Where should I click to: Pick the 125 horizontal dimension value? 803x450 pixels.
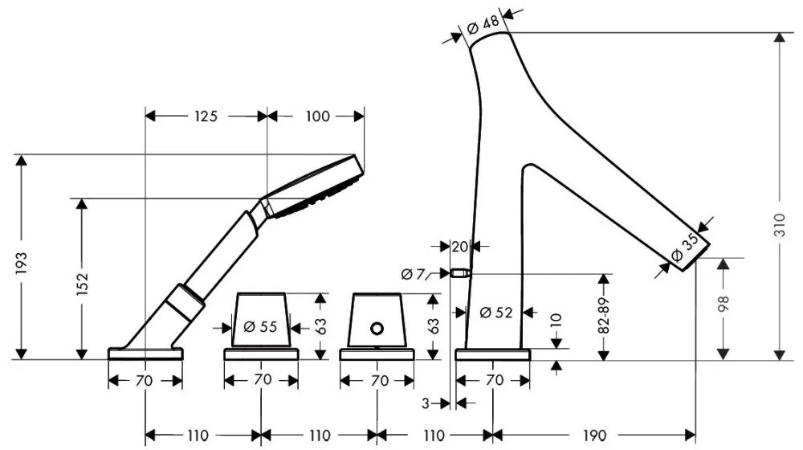pyautogui.click(x=206, y=117)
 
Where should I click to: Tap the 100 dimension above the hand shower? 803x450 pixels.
pyautogui.click(x=318, y=117)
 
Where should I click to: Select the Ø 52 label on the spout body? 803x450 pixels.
pyautogui.click(x=495, y=313)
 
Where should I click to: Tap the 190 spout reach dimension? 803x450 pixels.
pyautogui.click(x=593, y=436)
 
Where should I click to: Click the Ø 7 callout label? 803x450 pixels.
pyautogui.click(x=414, y=274)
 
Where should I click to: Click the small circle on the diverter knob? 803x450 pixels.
pyautogui.click(x=376, y=328)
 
